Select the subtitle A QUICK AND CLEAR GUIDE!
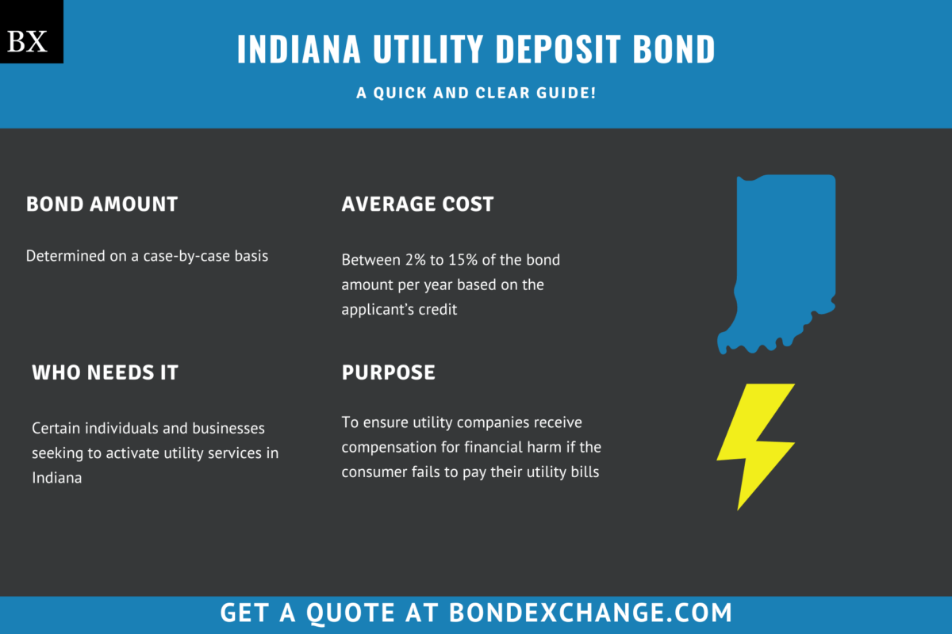pyautogui.click(x=476, y=94)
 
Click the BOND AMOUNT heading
pyautogui.click(x=102, y=204)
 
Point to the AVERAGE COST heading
pyautogui.click(x=417, y=204)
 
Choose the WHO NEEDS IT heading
pyautogui.click(x=105, y=372)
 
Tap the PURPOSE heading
pyautogui.click(x=388, y=372)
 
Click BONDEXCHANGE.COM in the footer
pyautogui.click(x=590, y=613)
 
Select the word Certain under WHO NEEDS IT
pyautogui.click(x=56, y=429)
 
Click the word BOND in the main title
pyautogui.click(x=673, y=49)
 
